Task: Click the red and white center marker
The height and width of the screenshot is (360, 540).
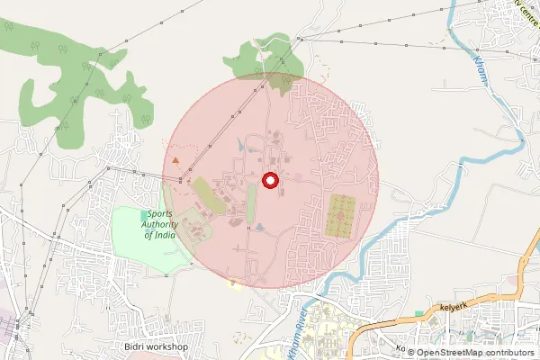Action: [270, 181]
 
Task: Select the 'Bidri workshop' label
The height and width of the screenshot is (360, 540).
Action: [155, 346]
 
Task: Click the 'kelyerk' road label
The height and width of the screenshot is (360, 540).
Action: [456, 308]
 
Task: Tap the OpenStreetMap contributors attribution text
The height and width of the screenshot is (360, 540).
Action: [469, 352]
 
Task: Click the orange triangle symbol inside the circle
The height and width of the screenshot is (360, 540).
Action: [175, 159]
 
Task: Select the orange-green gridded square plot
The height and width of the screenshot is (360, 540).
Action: [341, 216]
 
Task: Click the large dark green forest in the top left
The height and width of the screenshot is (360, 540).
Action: [81, 76]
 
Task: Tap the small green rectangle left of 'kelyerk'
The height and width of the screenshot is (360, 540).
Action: [419, 314]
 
